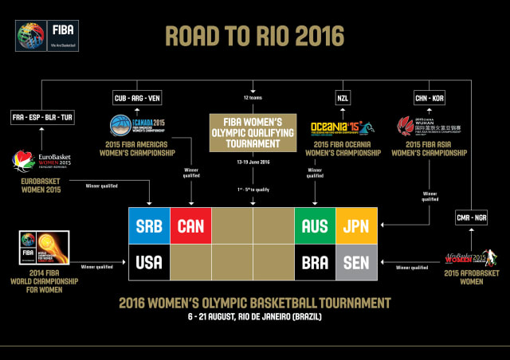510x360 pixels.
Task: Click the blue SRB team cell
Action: pos(149,226)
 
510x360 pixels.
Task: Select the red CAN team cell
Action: pos(190,226)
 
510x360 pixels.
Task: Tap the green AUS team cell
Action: pos(315,226)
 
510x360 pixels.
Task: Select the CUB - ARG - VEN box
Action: pos(138,98)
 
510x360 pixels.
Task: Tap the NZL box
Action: pos(343,98)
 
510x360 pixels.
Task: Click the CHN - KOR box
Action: pos(430,98)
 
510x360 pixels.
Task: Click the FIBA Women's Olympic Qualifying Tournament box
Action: pos(253,131)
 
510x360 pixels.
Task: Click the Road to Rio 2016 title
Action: pos(255,36)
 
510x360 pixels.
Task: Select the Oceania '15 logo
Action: pos(342,128)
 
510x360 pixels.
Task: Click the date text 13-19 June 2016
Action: pos(253,162)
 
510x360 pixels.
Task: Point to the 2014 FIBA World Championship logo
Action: pos(42,248)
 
